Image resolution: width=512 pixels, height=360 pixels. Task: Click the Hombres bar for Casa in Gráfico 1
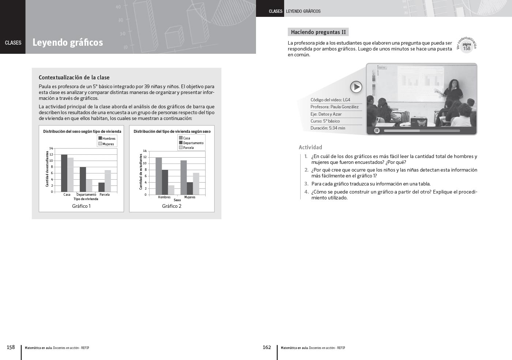(x=64, y=173)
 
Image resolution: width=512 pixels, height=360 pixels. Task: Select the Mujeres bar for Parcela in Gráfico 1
(x=108, y=181)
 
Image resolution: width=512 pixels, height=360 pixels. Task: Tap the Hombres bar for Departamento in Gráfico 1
(x=83, y=179)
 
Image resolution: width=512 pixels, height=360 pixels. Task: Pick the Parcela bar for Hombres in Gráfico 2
(x=171, y=190)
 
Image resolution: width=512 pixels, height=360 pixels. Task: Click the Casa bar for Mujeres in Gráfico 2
(x=184, y=177)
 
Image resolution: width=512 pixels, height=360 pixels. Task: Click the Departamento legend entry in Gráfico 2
(x=191, y=143)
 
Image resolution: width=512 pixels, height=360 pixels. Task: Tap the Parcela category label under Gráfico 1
(x=105, y=194)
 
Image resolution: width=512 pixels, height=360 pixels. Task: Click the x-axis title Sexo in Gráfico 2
(x=177, y=200)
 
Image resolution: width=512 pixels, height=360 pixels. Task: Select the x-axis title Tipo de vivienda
(x=86, y=199)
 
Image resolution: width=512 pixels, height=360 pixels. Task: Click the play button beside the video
(x=356, y=87)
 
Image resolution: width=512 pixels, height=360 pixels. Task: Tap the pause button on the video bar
(x=377, y=131)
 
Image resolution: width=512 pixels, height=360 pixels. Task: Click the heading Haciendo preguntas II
(x=318, y=32)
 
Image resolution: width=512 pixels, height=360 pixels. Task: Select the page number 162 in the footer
(x=267, y=347)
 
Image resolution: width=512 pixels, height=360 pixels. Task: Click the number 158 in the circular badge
(x=467, y=49)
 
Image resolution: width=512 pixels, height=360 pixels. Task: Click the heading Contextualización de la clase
(x=74, y=77)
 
